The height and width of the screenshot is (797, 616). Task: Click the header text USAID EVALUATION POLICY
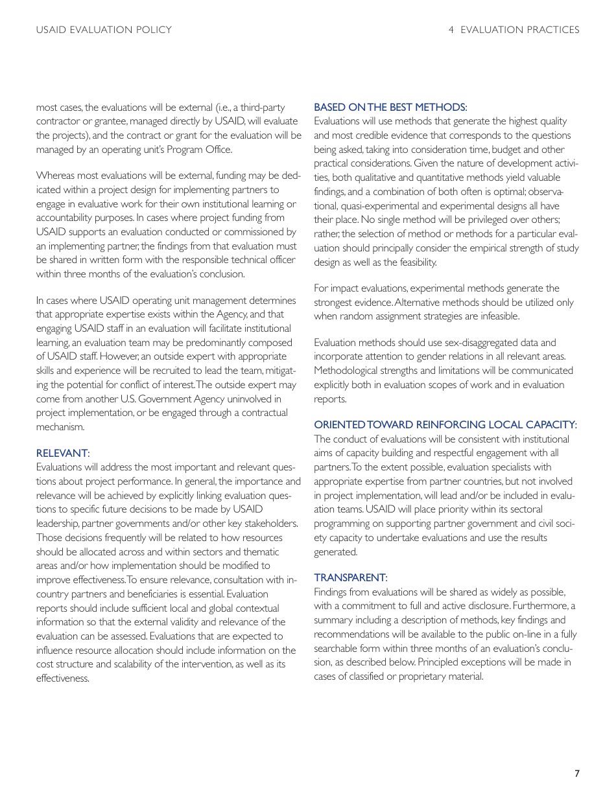pyautogui.click(x=104, y=30)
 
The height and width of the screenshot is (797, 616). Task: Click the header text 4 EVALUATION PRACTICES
pyautogui.click(x=514, y=30)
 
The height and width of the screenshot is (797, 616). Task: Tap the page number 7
pyautogui.click(x=576, y=773)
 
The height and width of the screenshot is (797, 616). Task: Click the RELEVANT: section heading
pyautogui.click(x=63, y=453)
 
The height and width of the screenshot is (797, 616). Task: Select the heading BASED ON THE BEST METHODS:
pyautogui.click(x=390, y=107)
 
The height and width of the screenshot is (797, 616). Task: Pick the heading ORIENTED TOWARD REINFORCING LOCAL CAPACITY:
pyautogui.click(x=445, y=424)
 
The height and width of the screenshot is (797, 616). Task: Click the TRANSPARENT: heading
pyautogui.click(x=351, y=577)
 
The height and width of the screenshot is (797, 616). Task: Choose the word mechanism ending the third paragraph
pyautogui.click(x=60, y=426)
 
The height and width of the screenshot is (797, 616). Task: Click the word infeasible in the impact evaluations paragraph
pyautogui.click(x=496, y=316)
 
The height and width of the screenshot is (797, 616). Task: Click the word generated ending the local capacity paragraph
pyautogui.click(x=335, y=552)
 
